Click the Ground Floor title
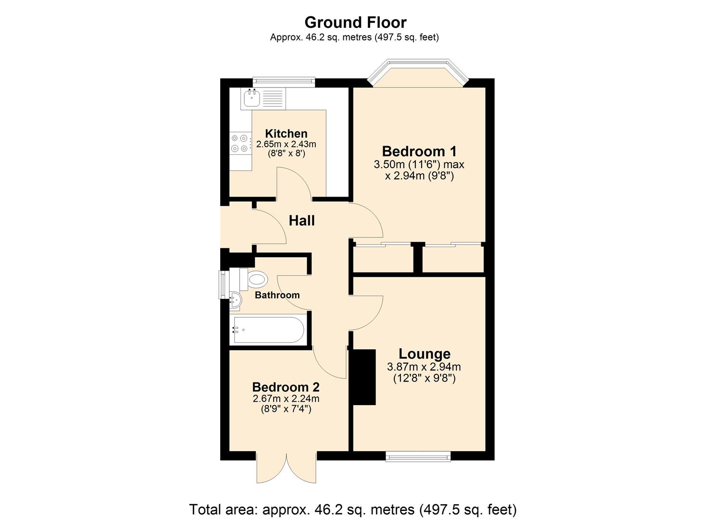pos(355,23)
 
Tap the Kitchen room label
pos(286,134)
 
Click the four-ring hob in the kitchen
pos(240,143)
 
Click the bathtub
pos(269,330)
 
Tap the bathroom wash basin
pos(236,300)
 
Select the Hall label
pos(301,221)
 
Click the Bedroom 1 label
pos(419,151)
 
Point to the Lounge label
pos(424,354)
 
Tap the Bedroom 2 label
pos(286,387)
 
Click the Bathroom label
pos(277,295)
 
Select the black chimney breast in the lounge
pos(363,377)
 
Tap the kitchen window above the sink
pos(284,82)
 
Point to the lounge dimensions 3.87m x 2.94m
pos(424,367)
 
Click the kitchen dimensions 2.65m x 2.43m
pos(286,144)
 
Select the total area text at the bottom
pos(353,501)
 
